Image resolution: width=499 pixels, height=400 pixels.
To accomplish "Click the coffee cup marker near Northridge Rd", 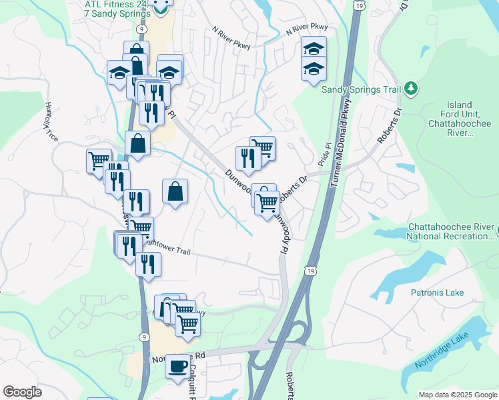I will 177,366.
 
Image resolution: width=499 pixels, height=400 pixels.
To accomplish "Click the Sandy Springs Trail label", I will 362,89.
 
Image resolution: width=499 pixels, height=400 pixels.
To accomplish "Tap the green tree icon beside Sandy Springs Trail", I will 412,88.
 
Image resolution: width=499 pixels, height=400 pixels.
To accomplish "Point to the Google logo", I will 22,392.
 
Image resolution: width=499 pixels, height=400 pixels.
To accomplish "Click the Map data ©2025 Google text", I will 457,395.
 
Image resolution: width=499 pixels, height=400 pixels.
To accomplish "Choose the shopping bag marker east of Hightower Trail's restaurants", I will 175,192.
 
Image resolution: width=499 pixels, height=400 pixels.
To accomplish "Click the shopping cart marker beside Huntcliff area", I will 98,160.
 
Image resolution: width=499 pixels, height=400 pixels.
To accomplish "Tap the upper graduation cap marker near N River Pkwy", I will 314,49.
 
